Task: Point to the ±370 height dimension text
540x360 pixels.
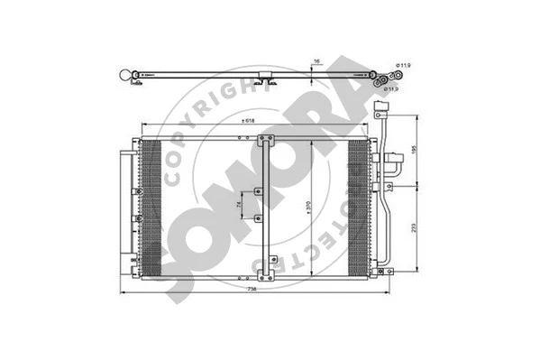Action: pos(308,207)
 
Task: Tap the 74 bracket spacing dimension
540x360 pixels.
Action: pos(239,207)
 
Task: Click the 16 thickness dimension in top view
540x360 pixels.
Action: pos(316,63)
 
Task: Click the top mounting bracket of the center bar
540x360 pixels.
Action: pos(265,140)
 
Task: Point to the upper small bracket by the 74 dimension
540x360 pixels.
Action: pos(258,190)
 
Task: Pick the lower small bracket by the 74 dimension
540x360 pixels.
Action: pos(258,219)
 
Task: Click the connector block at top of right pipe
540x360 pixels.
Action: pos(380,115)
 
